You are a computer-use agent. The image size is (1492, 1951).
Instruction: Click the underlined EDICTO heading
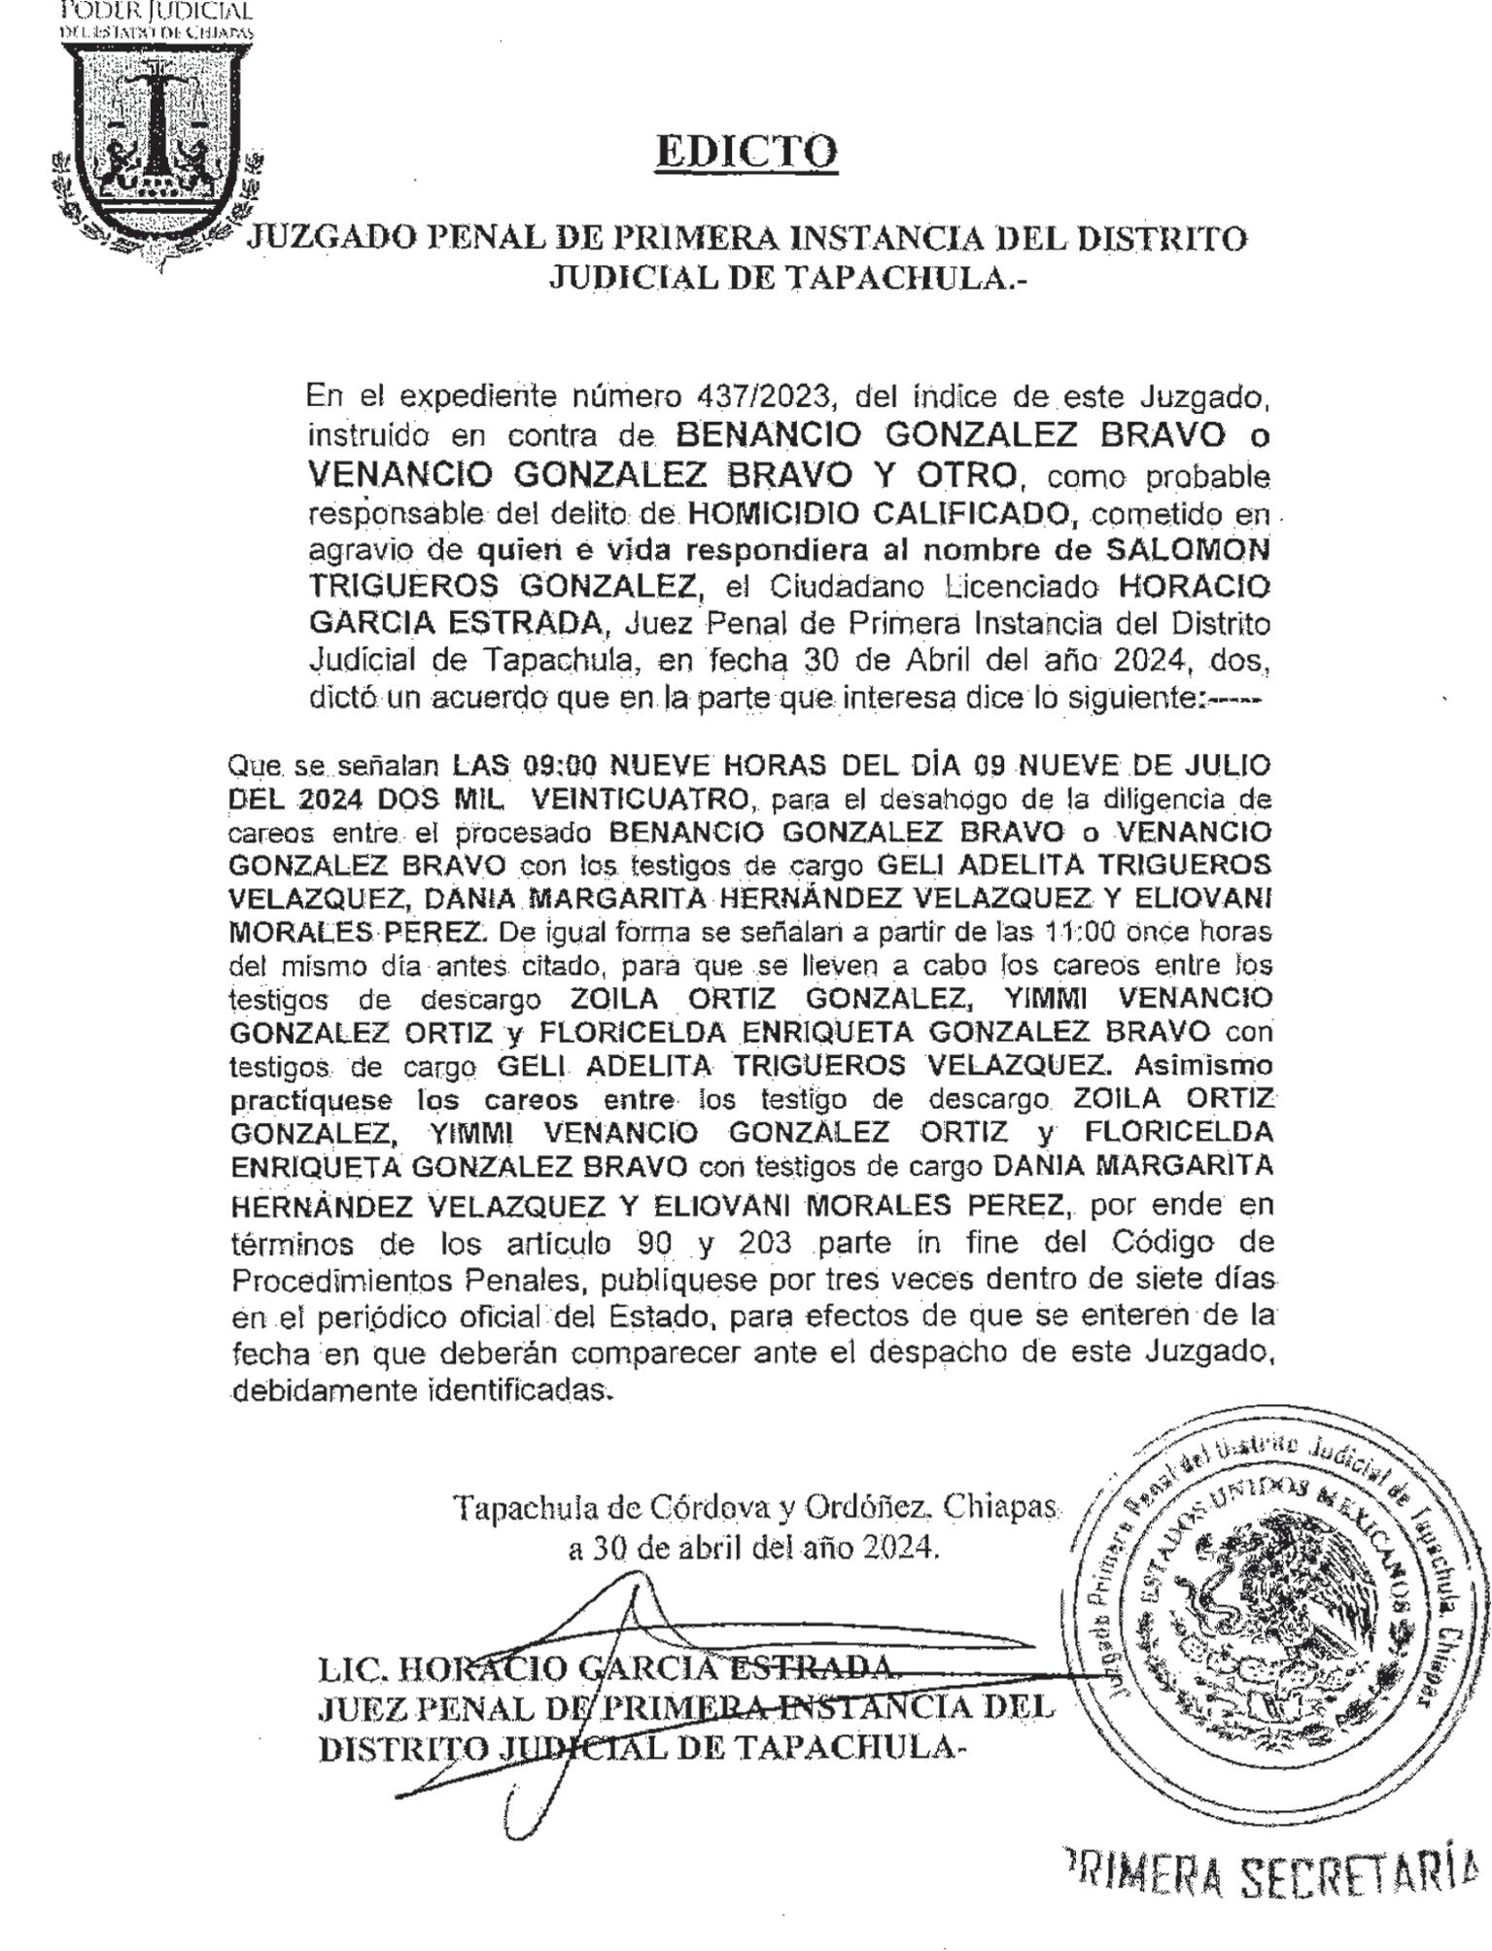click(x=746, y=152)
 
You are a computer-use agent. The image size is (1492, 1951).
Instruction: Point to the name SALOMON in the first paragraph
click(x=1189, y=550)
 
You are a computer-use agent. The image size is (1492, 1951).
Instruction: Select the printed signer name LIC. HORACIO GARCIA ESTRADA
click(x=603, y=1668)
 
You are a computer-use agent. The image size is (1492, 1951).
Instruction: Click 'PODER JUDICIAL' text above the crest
click(x=156, y=12)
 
